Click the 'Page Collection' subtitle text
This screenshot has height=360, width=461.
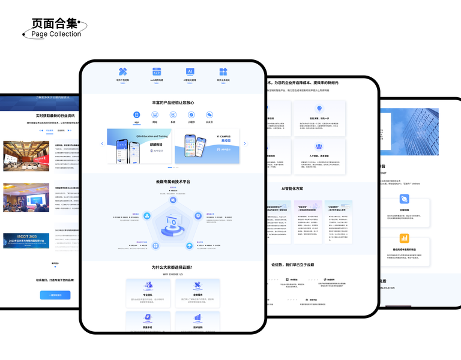coord(56,34)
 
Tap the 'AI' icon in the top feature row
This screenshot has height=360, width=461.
coord(190,71)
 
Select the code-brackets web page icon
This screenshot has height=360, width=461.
coord(157,71)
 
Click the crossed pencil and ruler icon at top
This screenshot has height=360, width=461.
coord(123,71)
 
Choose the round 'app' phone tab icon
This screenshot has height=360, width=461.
coord(137,115)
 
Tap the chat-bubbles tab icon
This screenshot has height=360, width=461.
coord(209,115)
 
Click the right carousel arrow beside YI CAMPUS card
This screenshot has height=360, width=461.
coord(245,143)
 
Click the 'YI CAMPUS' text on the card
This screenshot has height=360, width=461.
coord(224,136)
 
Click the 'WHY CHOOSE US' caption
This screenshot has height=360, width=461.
coord(172,274)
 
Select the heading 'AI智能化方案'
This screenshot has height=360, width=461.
coord(292,188)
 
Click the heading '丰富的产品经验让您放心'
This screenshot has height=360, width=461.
coord(173,103)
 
